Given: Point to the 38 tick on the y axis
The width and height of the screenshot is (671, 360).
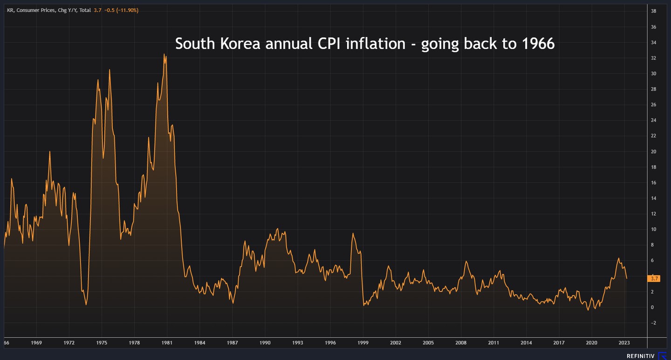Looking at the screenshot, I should pyautogui.click(x=654, y=11).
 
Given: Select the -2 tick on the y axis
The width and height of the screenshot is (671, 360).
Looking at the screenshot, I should pyautogui.click(x=653, y=323).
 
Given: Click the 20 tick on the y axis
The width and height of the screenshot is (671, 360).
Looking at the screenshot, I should pyautogui.click(x=654, y=151).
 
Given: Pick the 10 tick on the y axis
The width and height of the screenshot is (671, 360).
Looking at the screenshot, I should pyautogui.click(x=654, y=229).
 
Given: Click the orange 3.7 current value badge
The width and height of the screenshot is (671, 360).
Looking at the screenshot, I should pyautogui.click(x=654, y=278).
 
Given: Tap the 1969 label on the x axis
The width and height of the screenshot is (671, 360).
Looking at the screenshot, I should pyautogui.click(x=36, y=343).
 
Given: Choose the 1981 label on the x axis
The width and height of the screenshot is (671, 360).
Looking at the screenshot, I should pyautogui.click(x=167, y=343).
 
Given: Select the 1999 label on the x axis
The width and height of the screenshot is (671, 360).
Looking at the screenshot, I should pyautogui.click(x=363, y=343).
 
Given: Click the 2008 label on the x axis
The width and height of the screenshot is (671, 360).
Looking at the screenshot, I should pyautogui.click(x=461, y=343).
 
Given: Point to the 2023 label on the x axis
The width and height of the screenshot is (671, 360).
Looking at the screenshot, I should pyautogui.click(x=624, y=343).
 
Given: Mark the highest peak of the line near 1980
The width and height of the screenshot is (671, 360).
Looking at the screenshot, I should pyautogui.click(x=164, y=54).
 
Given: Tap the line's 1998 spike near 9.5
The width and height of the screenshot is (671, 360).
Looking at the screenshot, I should pyautogui.click(x=353, y=233).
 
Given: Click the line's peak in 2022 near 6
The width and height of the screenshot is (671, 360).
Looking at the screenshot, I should pyautogui.click(x=618, y=258).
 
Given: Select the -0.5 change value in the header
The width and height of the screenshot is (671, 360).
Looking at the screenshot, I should pyautogui.click(x=110, y=10).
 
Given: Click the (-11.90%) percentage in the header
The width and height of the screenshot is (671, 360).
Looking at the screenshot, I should pyautogui.click(x=128, y=10).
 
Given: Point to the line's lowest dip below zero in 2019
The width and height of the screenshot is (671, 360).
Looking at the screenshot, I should pyautogui.click(x=588, y=310).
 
